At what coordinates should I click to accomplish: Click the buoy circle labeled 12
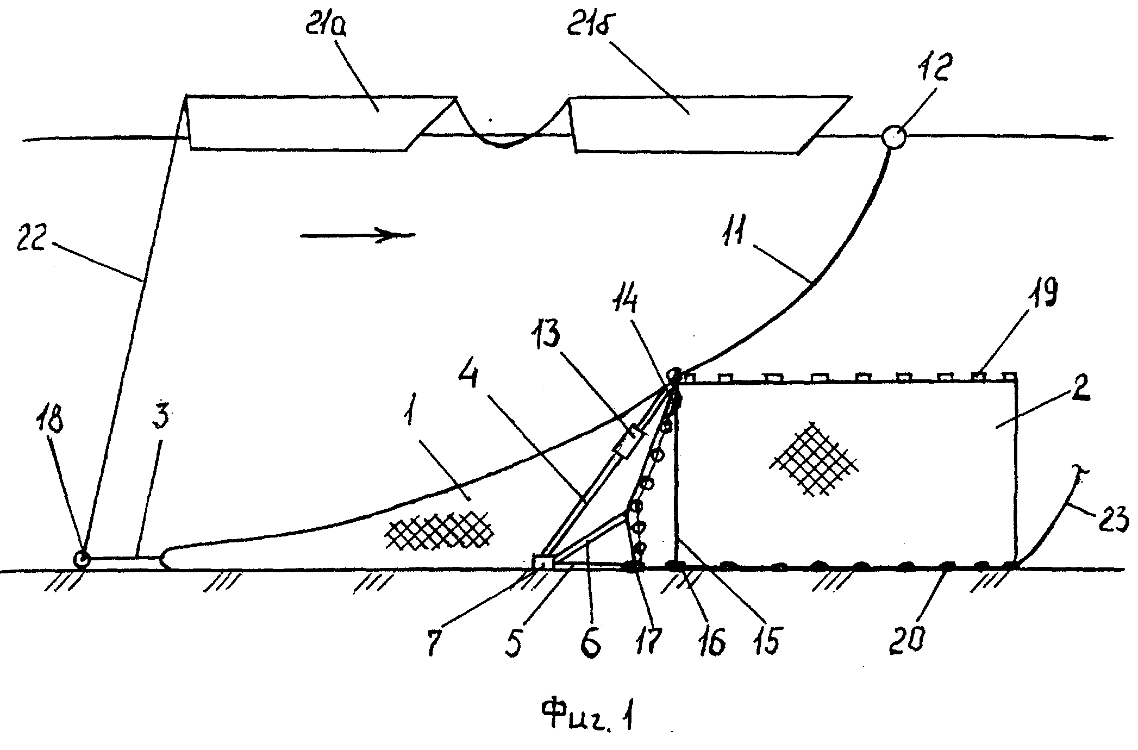[x=893, y=136]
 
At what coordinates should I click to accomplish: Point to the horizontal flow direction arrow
[x=358, y=235]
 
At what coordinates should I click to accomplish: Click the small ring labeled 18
[x=82, y=559]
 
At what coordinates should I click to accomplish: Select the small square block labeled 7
[x=543, y=562]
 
